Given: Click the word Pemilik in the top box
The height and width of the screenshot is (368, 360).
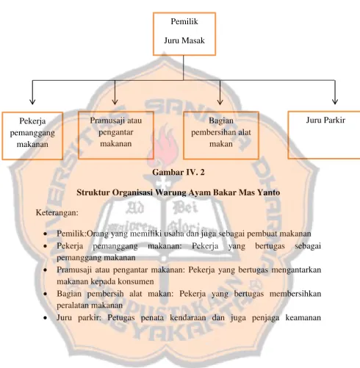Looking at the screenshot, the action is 184,21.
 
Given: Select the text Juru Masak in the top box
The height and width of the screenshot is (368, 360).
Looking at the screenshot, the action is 184,40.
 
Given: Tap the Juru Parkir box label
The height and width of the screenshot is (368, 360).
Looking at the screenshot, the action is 325,120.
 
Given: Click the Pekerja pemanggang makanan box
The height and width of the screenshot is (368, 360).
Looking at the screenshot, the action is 32,136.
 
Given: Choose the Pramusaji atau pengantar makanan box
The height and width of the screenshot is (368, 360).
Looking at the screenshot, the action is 116,135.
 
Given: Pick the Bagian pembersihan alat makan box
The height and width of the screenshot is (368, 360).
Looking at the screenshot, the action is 221,135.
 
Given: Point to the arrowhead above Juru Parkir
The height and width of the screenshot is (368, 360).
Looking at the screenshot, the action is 335,101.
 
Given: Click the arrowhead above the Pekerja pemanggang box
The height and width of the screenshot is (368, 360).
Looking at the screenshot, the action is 32,101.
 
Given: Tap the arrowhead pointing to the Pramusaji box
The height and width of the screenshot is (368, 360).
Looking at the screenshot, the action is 115,101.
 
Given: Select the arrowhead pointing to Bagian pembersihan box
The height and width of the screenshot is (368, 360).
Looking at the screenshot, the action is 220,101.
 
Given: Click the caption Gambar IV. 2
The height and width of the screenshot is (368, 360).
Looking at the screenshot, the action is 179,173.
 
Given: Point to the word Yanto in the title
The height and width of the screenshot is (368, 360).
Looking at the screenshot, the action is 269,192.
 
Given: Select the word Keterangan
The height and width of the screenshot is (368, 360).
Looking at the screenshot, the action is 57,212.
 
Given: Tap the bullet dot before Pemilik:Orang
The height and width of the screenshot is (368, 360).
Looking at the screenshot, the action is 45,234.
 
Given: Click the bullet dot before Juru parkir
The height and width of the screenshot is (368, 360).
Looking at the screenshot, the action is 45,318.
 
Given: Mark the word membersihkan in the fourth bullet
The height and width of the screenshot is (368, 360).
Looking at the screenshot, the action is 295,294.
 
